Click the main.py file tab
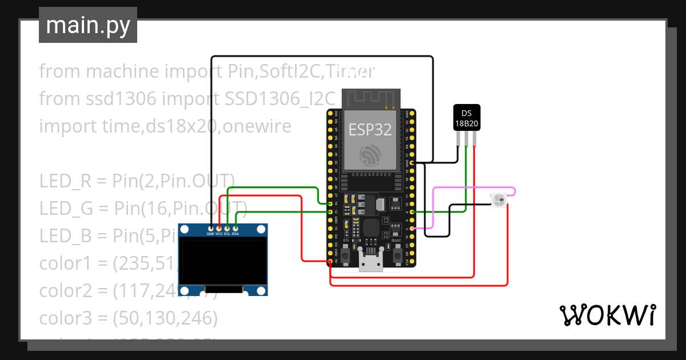(88, 25)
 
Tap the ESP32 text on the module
(370, 130)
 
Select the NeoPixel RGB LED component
(498, 199)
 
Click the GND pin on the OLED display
(210, 228)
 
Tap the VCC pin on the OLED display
(219, 228)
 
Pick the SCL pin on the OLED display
(227, 228)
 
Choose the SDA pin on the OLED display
(235, 228)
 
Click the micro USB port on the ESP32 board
(370, 263)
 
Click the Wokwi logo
(607, 315)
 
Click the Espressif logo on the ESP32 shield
(370, 155)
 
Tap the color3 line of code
(128, 317)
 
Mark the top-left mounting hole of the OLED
(185, 230)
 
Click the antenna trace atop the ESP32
(370, 98)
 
